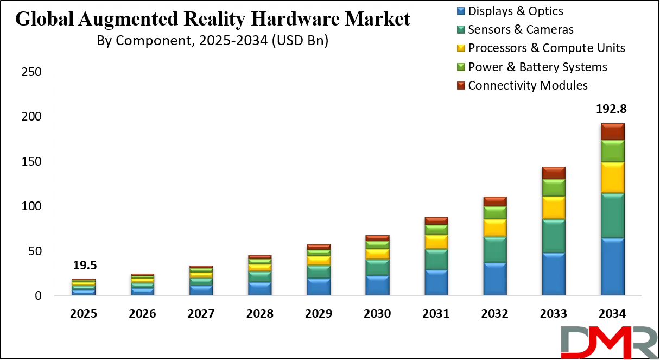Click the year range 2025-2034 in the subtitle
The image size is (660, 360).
[231, 41]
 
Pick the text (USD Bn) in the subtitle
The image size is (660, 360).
[301, 41]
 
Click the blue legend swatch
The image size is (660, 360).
[461, 10]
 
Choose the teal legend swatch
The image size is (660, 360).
[461, 29]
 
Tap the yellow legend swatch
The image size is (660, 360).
[461, 48]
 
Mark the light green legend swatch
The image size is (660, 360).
[461, 67]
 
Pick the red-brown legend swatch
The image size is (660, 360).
[461, 85]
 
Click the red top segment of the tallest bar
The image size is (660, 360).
[612, 131]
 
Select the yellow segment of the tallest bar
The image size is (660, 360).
[612, 178]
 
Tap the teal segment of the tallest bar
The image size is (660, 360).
[612, 216]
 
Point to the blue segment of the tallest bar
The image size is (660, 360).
[612, 267]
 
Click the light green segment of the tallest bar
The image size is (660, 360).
[612, 151]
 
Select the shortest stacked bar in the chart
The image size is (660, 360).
[83, 287]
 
